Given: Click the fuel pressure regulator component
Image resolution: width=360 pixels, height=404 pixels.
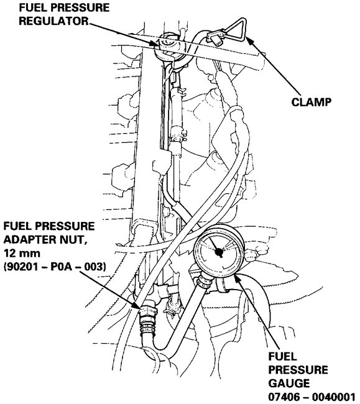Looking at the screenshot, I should pos(168,45).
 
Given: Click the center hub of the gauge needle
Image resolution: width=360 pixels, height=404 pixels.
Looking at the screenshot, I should pos(219,253).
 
